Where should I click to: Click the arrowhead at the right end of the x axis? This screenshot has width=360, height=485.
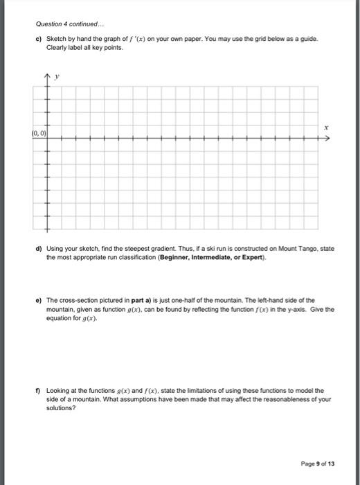pyautogui.click(x=328, y=139)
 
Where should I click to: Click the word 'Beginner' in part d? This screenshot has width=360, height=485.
pyautogui.click(x=176, y=256)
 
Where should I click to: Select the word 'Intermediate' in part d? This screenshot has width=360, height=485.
pyautogui.click(x=217, y=256)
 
